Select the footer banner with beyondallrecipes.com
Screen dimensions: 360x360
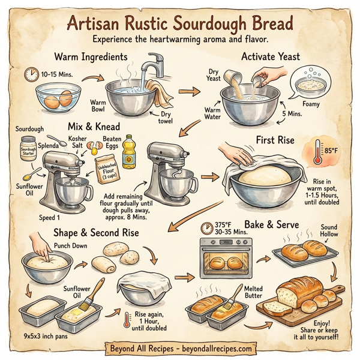click(179, 348)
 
